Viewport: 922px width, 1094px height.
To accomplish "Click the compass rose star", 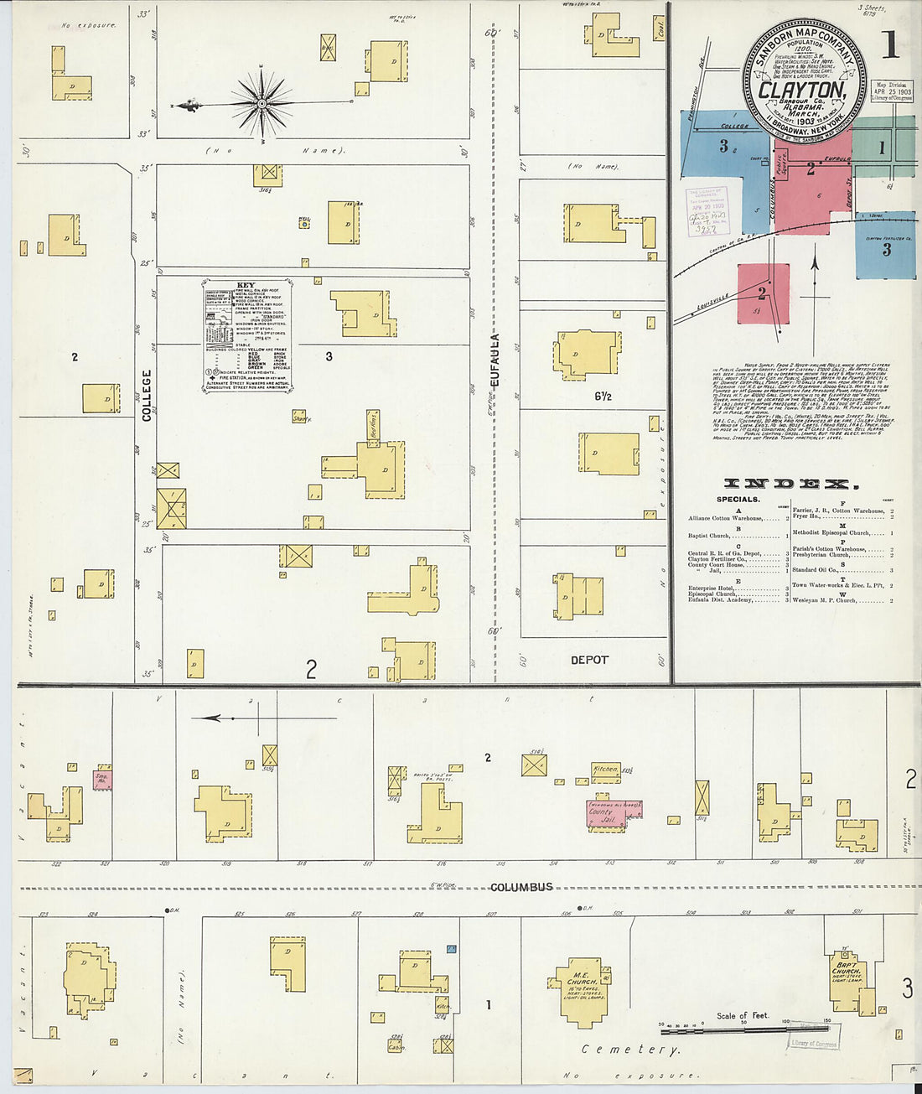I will coord(262,103).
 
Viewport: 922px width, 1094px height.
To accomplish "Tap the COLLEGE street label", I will coord(147,395).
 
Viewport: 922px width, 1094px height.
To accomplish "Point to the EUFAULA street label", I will coord(495,361).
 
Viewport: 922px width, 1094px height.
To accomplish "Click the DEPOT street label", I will coord(589,660).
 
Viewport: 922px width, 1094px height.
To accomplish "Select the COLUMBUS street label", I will coord(521,887).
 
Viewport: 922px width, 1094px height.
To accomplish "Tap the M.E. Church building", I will coord(583,989).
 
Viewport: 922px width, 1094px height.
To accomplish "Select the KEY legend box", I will coord(246,335).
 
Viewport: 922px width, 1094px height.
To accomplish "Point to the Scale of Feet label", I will coord(742,1015).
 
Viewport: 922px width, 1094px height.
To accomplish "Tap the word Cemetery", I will coord(630,1049).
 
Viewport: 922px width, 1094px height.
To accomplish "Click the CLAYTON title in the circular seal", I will coord(803,90).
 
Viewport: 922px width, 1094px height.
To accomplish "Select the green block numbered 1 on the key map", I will coord(881,148).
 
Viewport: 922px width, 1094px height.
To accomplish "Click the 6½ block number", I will coord(602,396).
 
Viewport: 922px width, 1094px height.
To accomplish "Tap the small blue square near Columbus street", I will coord(451,949).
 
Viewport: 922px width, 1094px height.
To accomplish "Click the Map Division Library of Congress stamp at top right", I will coord(891,91).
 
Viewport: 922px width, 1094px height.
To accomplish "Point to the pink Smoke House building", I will coord(102,779).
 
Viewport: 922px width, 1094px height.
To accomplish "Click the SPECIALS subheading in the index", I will coord(738,500).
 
